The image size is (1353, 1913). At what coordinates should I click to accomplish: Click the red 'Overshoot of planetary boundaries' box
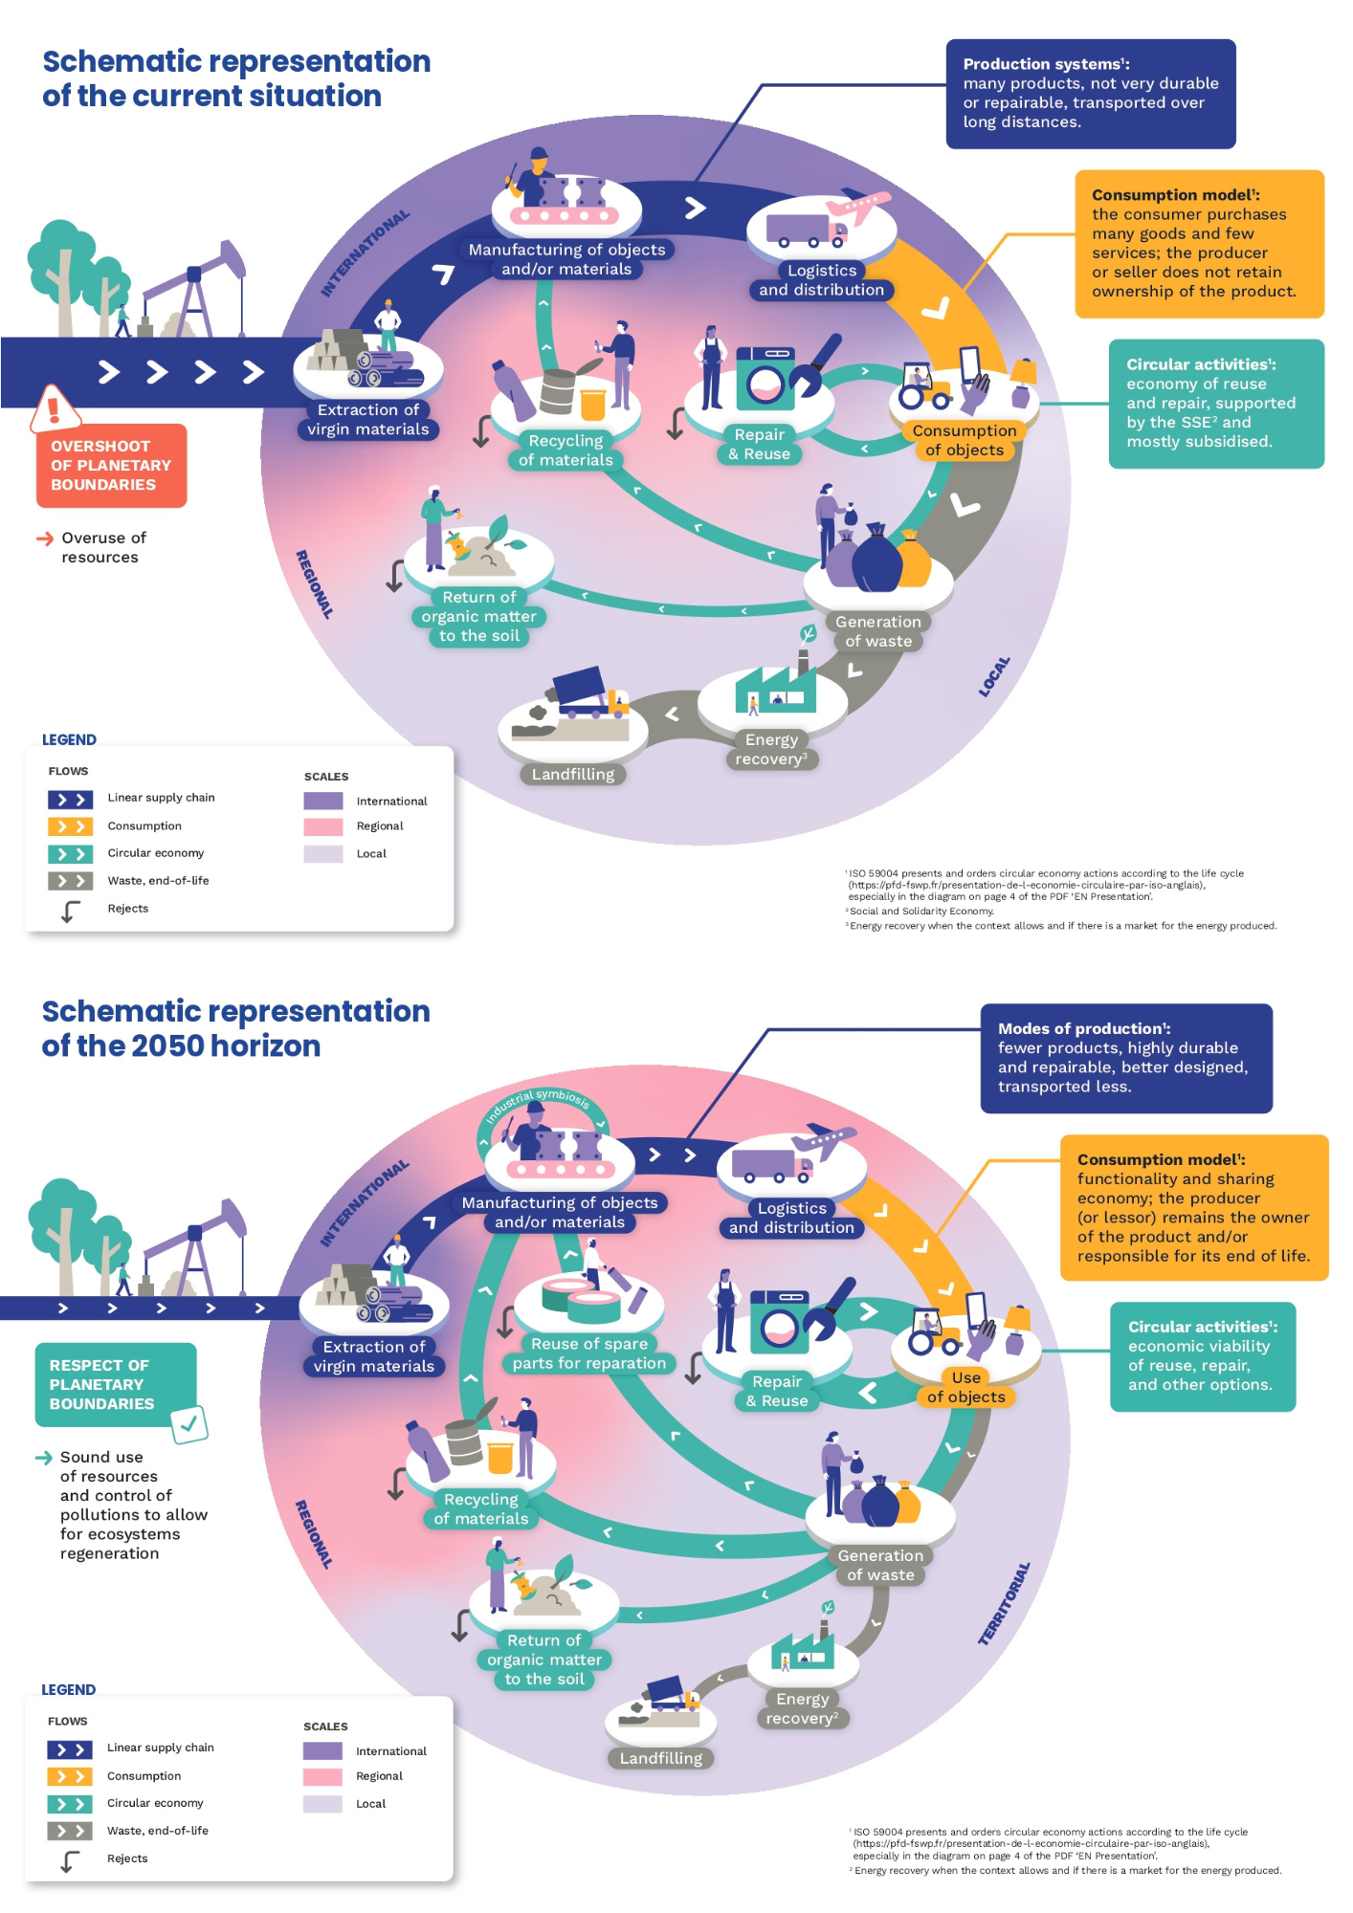click(x=111, y=466)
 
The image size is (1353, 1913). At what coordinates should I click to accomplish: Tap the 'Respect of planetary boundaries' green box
click(x=116, y=1384)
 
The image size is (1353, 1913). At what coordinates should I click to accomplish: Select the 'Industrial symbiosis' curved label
click(x=538, y=1104)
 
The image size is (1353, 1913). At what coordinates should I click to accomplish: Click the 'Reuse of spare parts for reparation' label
click(x=589, y=1353)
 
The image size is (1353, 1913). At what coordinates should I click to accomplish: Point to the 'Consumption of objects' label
click(x=965, y=440)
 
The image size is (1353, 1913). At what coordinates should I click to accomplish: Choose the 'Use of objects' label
click(x=966, y=1387)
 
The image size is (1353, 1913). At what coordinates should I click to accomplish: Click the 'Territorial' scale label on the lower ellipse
click(x=1005, y=1604)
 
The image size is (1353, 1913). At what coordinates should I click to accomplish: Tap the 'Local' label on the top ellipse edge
click(x=994, y=676)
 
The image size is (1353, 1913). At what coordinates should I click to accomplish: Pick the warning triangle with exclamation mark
click(x=54, y=408)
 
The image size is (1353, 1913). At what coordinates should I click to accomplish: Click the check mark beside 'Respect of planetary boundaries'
click(x=189, y=1424)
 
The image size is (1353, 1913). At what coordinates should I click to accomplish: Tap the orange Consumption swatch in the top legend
click(x=70, y=826)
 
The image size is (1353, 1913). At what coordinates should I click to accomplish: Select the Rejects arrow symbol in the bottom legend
click(x=70, y=1861)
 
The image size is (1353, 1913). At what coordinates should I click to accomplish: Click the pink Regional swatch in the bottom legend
click(x=322, y=1777)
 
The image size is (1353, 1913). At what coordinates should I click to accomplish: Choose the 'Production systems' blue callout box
click(x=1091, y=94)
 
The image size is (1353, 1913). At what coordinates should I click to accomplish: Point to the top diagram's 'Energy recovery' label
click(x=771, y=749)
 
